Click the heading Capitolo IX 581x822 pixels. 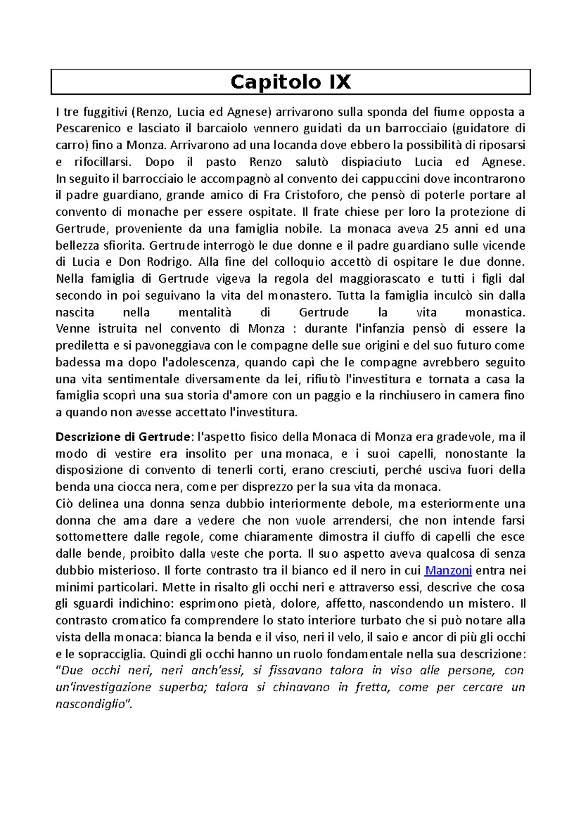coord(290,82)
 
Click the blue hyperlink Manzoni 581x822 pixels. coord(448,570)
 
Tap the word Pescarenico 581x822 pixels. coord(88,128)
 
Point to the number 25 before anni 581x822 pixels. coord(442,228)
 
